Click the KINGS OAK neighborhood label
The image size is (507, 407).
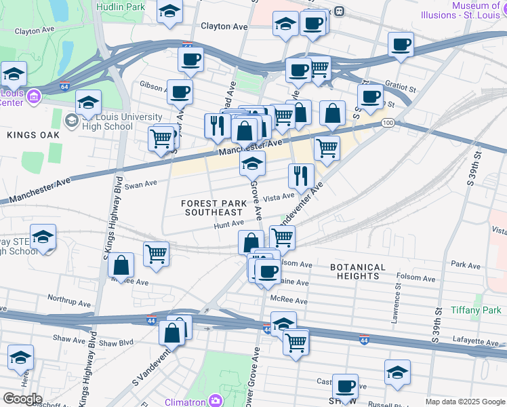(x=33, y=135)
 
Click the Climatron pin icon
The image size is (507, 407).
(x=215, y=400)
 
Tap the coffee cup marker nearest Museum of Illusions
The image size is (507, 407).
(x=401, y=45)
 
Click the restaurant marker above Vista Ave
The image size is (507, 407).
(x=301, y=175)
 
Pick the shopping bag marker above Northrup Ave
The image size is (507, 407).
(x=121, y=265)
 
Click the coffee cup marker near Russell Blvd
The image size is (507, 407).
(x=345, y=387)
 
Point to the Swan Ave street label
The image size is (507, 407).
(x=141, y=183)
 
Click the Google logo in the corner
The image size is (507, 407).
(x=22, y=399)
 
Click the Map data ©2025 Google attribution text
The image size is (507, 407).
(x=465, y=402)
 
